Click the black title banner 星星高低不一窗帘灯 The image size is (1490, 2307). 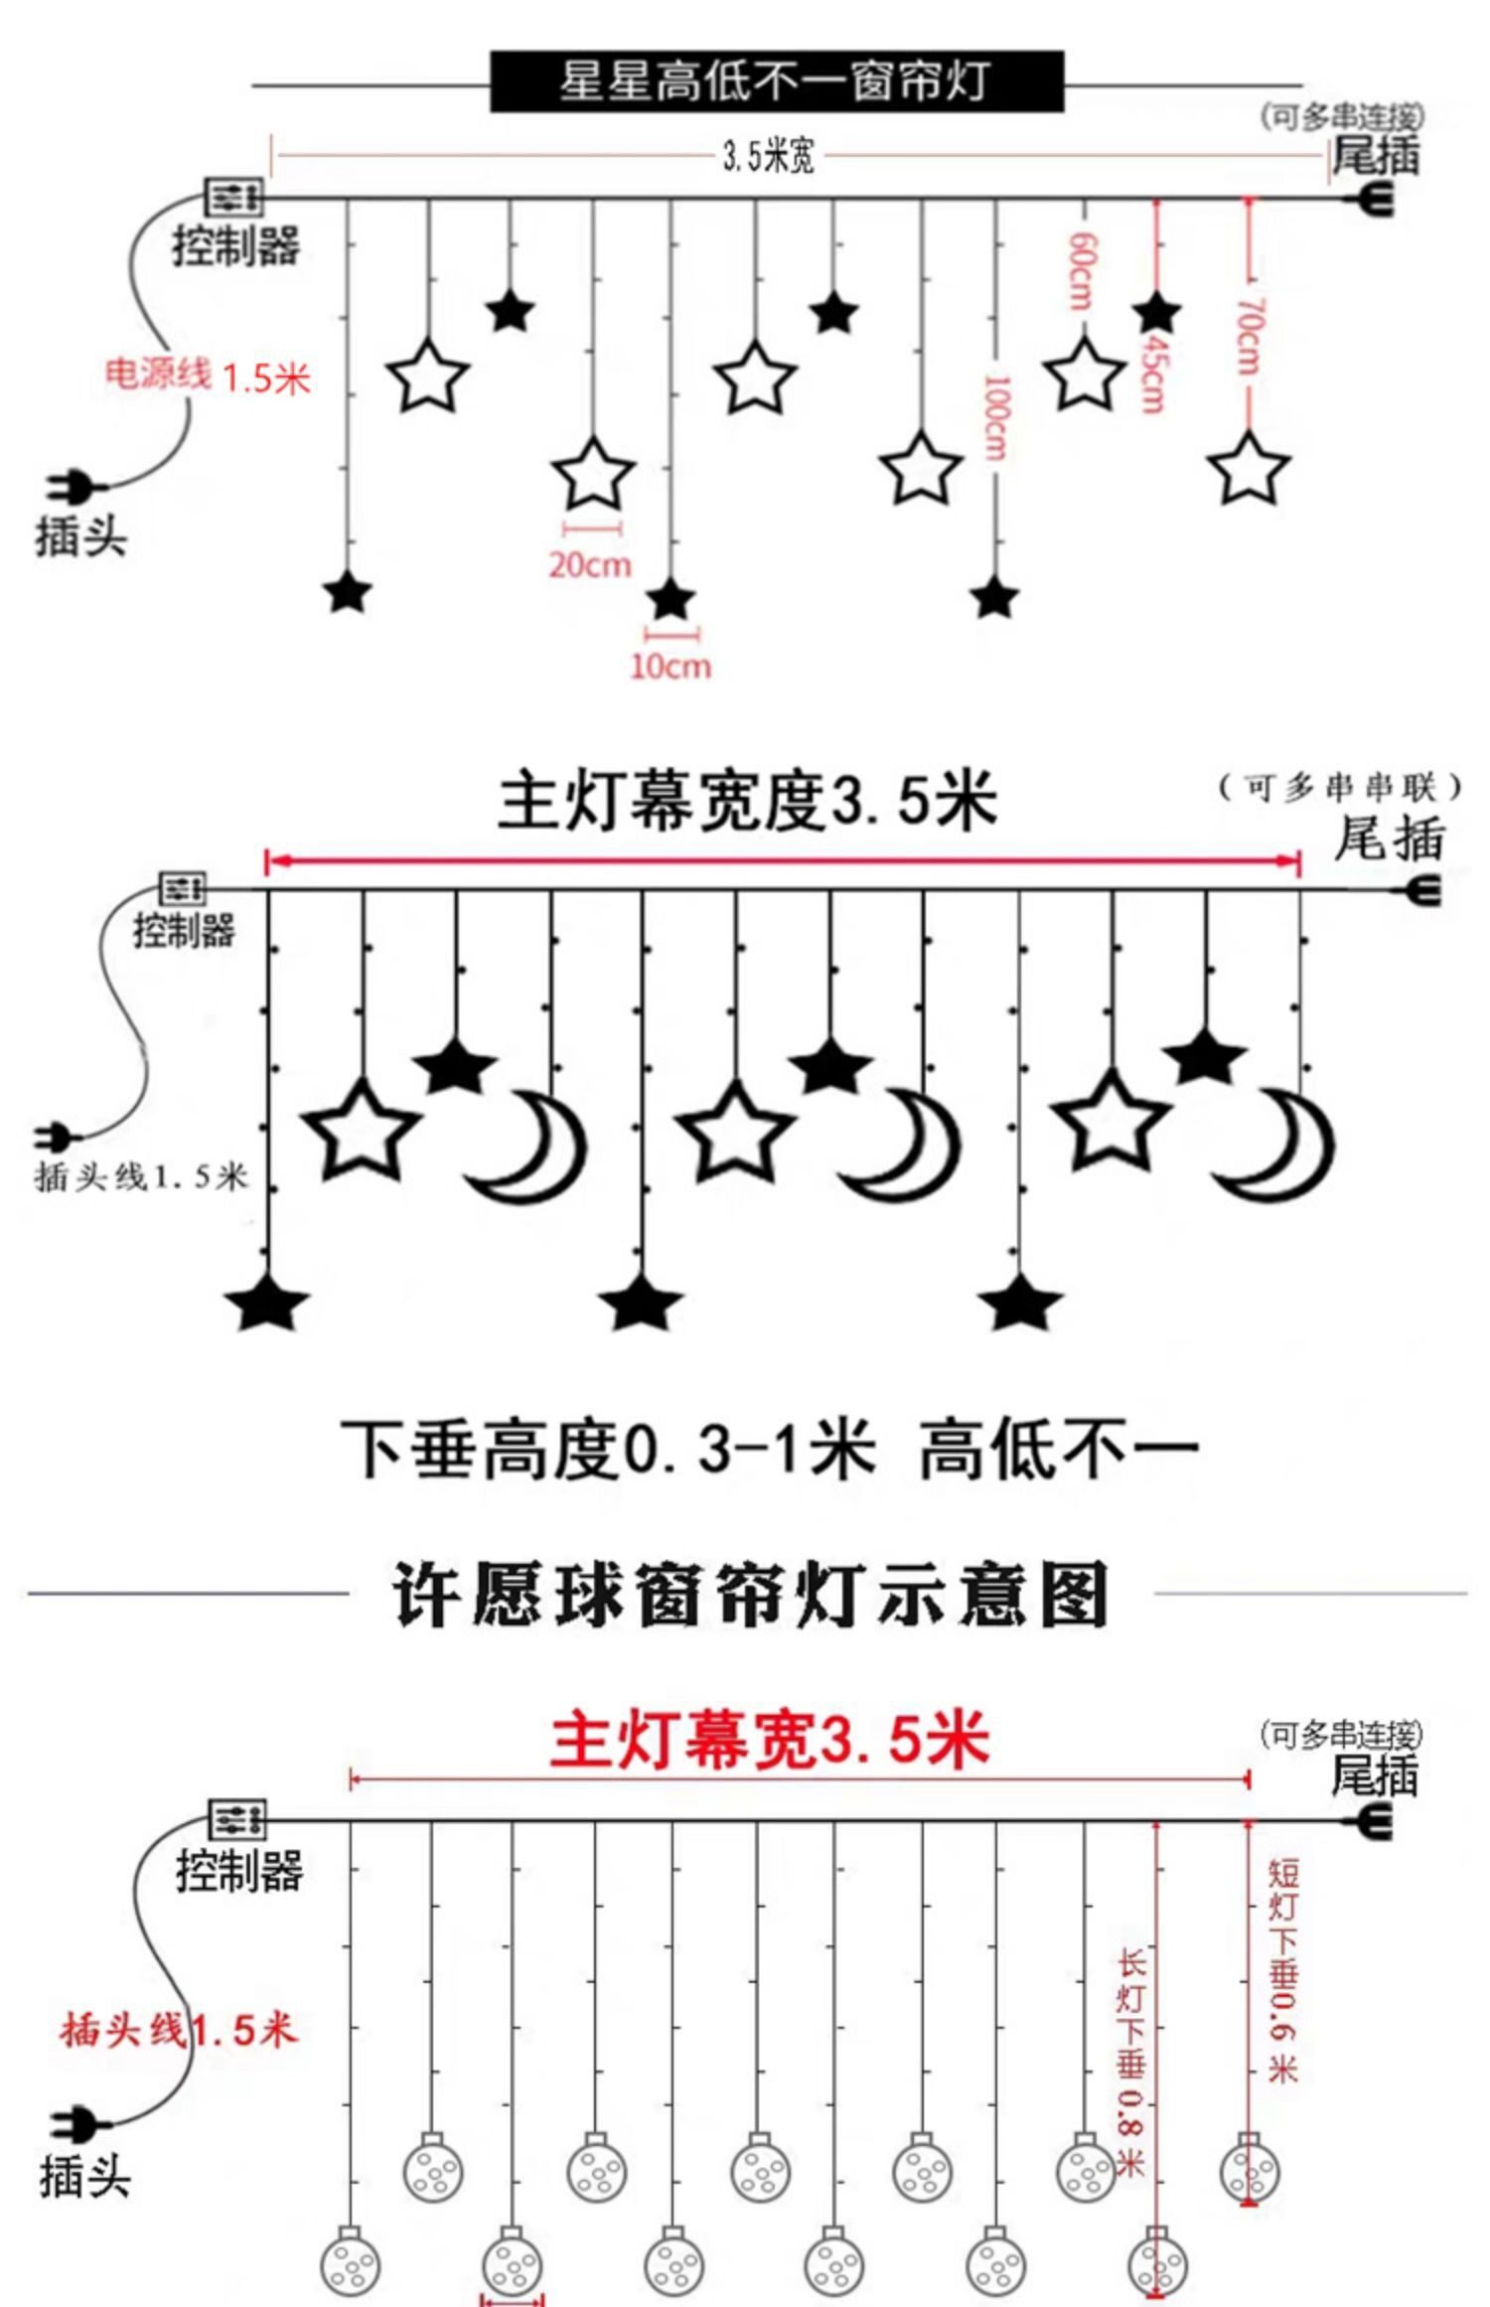point(776,81)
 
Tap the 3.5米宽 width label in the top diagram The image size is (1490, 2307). point(768,156)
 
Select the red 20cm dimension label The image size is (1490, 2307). point(590,564)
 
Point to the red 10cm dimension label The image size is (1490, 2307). point(671,666)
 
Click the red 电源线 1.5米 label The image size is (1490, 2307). point(208,377)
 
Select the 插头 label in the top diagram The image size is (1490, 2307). point(81,537)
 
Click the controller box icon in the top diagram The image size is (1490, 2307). point(234,197)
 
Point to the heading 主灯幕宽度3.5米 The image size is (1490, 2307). point(747,802)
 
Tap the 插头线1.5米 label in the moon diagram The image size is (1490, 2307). point(141,1177)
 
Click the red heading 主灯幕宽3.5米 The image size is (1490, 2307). point(770,1740)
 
